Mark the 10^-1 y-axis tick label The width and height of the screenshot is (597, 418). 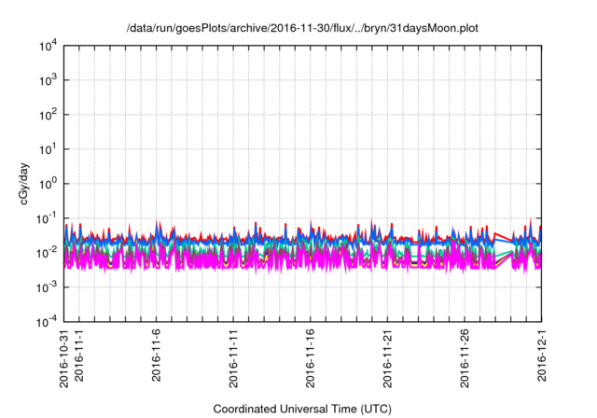46,218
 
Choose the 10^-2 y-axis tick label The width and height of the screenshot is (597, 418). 46,253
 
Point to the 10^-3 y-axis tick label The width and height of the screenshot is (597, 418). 46,287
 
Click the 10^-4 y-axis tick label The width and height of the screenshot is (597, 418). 46,322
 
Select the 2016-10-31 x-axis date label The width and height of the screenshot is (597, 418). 64,360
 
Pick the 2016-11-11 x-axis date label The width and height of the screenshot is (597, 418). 234,360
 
